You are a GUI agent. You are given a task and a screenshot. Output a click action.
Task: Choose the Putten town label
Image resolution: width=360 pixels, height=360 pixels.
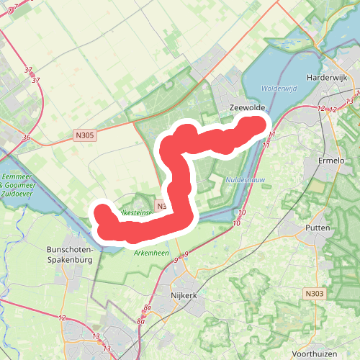point(318,228)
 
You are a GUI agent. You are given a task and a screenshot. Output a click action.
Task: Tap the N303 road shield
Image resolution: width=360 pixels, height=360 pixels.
point(313,293)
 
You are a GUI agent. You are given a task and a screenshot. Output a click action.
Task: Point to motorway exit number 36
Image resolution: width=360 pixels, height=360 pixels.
point(26,138)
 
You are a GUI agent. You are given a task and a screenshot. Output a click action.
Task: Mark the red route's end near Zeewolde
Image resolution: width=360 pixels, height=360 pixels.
point(256,125)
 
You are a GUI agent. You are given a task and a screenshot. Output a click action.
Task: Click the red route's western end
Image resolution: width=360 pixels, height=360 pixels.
point(102,213)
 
